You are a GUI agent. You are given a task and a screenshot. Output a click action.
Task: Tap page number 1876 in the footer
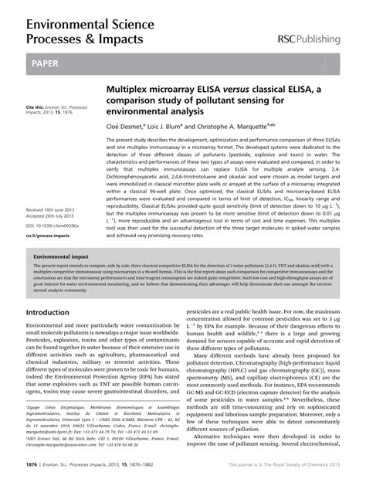[34, 465]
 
